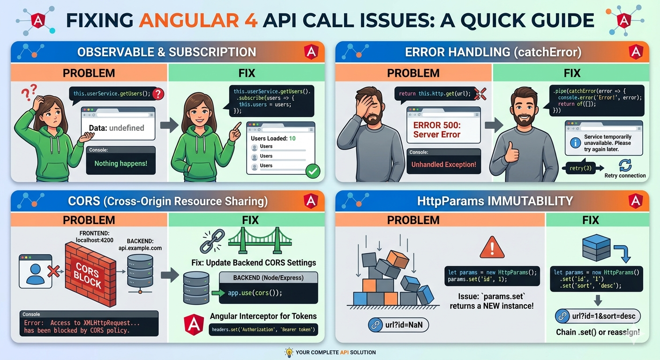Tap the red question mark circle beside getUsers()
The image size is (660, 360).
tap(158, 94)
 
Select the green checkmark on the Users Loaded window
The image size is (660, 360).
tap(312, 171)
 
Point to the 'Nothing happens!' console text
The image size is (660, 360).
tap(121, 164)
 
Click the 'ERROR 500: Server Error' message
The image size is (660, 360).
tap(436, 130)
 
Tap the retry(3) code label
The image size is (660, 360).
tap(581, 168)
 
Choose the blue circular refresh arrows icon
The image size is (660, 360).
tap(625, 165)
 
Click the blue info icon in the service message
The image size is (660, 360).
tap(575, 143)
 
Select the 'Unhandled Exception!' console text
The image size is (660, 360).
tap(443, 165)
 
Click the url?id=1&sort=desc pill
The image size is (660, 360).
tap(597, 316)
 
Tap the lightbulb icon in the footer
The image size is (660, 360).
tap(289, 352)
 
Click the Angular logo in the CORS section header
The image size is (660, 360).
tap(310, 201)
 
